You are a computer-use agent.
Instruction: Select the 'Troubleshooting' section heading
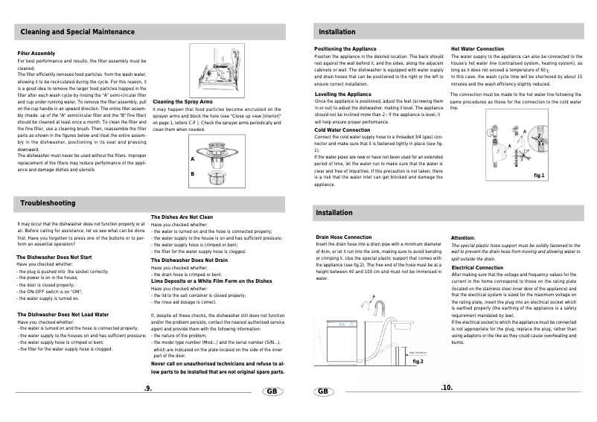click(x=48, y=202)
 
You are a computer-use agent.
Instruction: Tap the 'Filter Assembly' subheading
click(x=36, y=54)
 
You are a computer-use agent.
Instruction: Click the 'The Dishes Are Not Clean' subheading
click(x=182, y=217)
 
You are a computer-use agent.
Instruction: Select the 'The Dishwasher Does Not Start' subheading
click(x=54, y=257)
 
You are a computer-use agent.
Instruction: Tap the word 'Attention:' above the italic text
click(x=466, y=237)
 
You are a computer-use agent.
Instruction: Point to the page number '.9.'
click(x=148, y=388)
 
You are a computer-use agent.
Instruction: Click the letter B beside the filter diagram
click(x=192, y=173)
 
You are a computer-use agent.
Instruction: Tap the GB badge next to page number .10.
click(x=324, y=391)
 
